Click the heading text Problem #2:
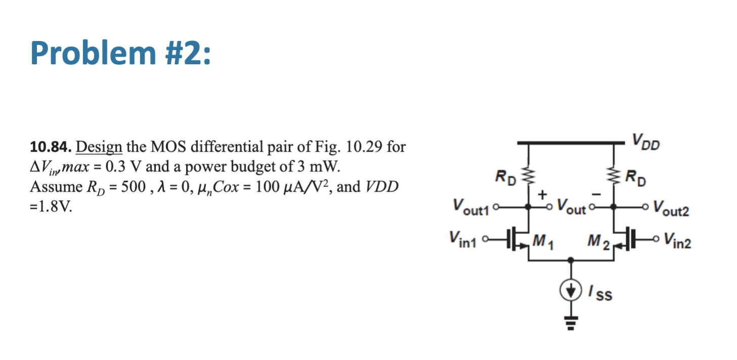[x=119, y=52]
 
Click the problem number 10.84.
[x=50, y=147]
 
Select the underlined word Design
[x=99, y=147]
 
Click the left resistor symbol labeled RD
[x=529, y=177]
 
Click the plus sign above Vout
[x=545, y=194]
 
